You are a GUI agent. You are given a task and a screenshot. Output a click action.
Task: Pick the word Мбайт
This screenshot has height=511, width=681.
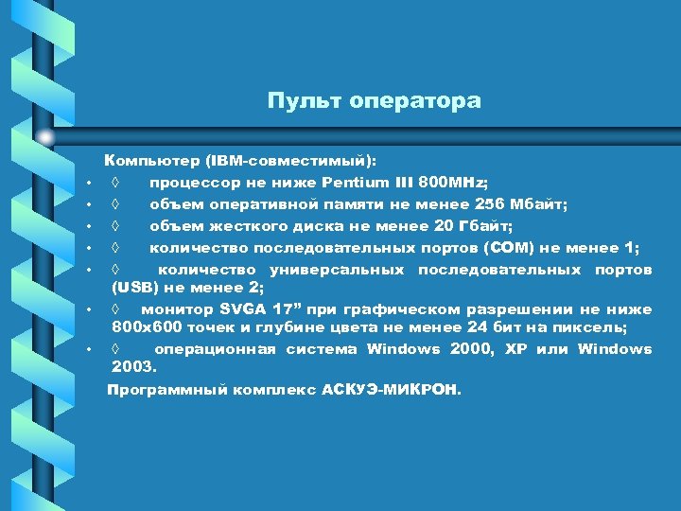click(539, 204)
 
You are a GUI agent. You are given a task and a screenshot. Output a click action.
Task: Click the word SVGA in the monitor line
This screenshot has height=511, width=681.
click(243, 309)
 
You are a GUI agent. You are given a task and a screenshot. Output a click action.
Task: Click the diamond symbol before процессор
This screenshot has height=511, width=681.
click(114, 183)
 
